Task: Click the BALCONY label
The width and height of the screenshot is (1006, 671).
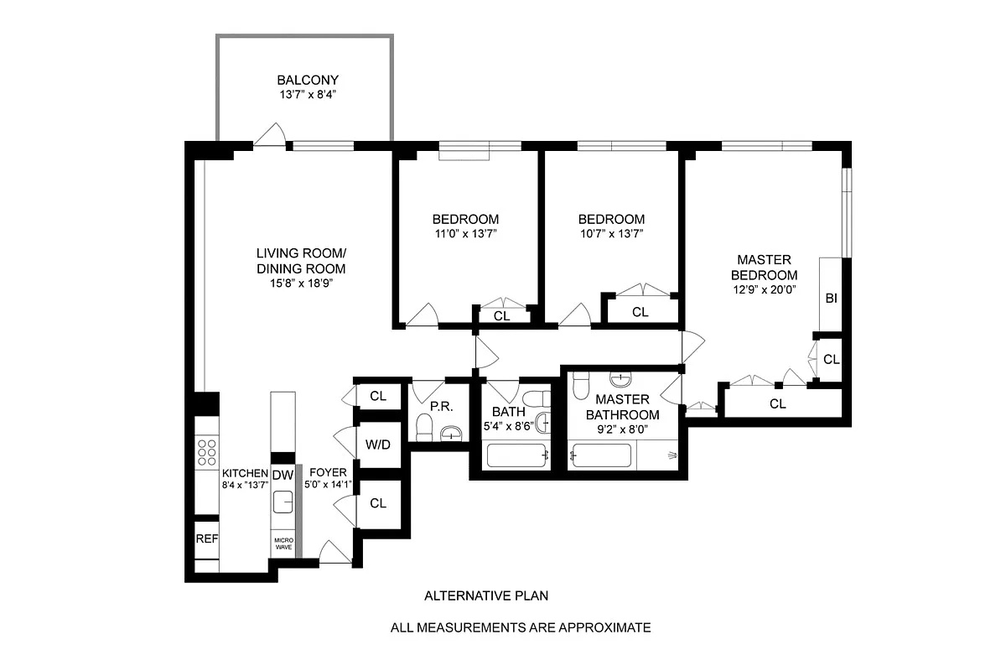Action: coord(308,81)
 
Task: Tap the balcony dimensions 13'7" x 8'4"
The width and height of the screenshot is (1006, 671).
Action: coord(308,95)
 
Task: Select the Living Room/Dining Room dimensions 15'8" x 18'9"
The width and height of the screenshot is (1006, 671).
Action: coord(301,283)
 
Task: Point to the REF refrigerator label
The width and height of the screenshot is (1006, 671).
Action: coord(206,538)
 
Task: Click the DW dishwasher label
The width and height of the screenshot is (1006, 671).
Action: coord(283,476)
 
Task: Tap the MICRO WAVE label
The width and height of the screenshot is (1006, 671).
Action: coord(283,543)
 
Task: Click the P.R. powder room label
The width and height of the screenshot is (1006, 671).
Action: coord(441,407)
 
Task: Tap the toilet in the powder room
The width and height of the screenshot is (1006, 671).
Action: coord(425,431)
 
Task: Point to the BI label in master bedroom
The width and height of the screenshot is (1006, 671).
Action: coord(831,298)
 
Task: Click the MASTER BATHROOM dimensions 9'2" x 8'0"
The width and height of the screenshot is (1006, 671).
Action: coord(622,429)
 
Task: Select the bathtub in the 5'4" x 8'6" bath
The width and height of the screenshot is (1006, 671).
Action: coord(517,456)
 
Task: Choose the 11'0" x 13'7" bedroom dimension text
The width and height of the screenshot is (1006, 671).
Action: coord(467,234)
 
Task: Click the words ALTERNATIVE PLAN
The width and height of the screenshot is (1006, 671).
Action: coord(486,596)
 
